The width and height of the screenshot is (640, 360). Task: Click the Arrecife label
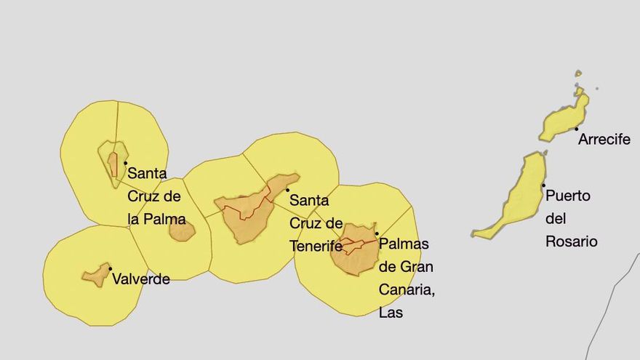(604, 140)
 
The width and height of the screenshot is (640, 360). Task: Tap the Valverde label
(141, 279)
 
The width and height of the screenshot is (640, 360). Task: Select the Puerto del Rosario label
(571, 218)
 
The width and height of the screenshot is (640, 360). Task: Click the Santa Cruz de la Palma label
(156, 196)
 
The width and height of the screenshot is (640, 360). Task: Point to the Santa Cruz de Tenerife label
(316, 223)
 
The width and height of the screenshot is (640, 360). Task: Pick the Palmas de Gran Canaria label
(407, 278)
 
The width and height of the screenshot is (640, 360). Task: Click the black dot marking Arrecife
(577, 129)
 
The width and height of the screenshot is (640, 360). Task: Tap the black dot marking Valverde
(110, 269)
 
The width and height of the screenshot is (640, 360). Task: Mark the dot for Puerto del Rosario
(543, 185)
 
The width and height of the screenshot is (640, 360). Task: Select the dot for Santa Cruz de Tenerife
(287, 190)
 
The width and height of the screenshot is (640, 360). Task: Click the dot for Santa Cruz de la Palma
(125, 163)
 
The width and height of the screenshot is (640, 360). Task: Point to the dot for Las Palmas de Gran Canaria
(377, 233)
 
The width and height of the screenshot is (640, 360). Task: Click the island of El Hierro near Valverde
(95, 275)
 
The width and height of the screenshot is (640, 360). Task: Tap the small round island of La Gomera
(182, 231)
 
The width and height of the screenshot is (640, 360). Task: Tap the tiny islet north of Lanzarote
(578, 73)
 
